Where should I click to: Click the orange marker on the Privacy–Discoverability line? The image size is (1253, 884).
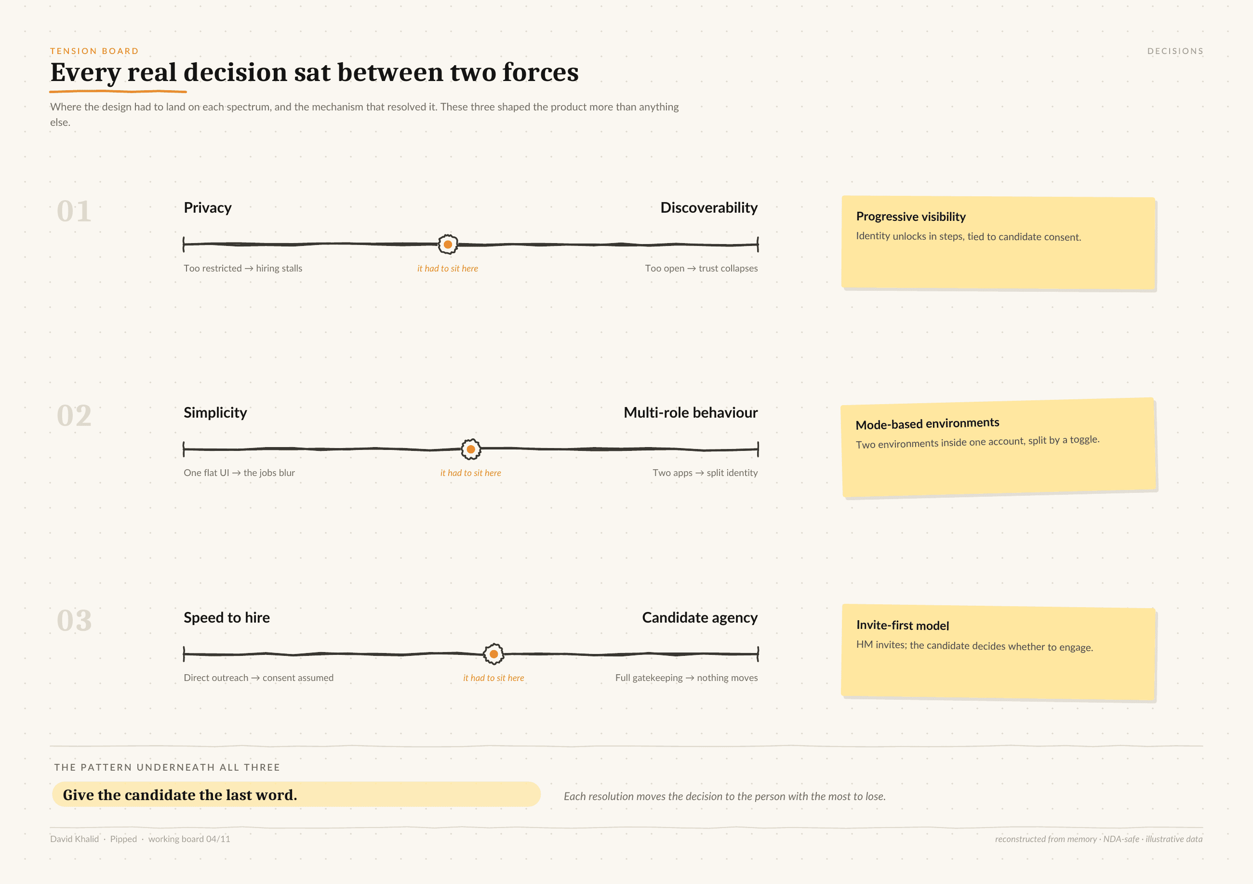[448, 244]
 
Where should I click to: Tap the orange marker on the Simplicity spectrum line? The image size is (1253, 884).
[470, 449]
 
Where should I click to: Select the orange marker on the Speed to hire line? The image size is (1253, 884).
[493, 653]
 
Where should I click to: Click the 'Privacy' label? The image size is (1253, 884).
[207, 208]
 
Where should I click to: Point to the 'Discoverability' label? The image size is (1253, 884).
[709, 208]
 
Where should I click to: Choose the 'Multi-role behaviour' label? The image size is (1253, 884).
[690, 413]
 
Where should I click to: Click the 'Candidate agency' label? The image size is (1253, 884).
[700, 617]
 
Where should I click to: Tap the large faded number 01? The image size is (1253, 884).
[74, 211]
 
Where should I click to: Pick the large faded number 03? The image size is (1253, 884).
[74, 621]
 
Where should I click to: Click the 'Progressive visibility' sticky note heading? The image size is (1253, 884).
[911, 217]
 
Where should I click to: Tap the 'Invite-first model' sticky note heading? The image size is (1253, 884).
[903, 626]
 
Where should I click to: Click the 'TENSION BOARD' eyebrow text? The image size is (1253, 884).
[94, 51]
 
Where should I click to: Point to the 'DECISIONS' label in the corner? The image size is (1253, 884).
[1175, 51]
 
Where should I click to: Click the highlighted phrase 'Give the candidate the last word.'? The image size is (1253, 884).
[180, 795]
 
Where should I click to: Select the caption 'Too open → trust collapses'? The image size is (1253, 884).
[701, 268]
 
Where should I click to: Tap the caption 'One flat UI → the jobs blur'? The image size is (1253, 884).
[239, 473]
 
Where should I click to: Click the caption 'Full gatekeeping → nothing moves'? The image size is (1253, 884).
[687, 678]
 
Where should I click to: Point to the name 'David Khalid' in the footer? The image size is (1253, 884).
[75, 839]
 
